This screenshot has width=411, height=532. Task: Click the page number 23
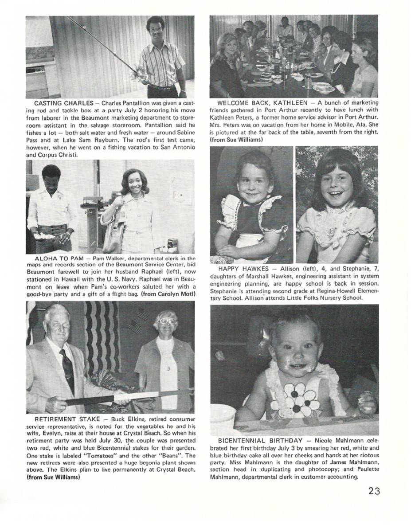pyautogui.click(x=374, y=491)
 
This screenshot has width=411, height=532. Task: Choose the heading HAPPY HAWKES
pyautogui.click(x=243, y=269)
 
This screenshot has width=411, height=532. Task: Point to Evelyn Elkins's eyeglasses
pyautogui.click(x=166, y=321)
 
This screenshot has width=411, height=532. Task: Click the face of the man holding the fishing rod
pyautogui.click(x=156, y=31)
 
